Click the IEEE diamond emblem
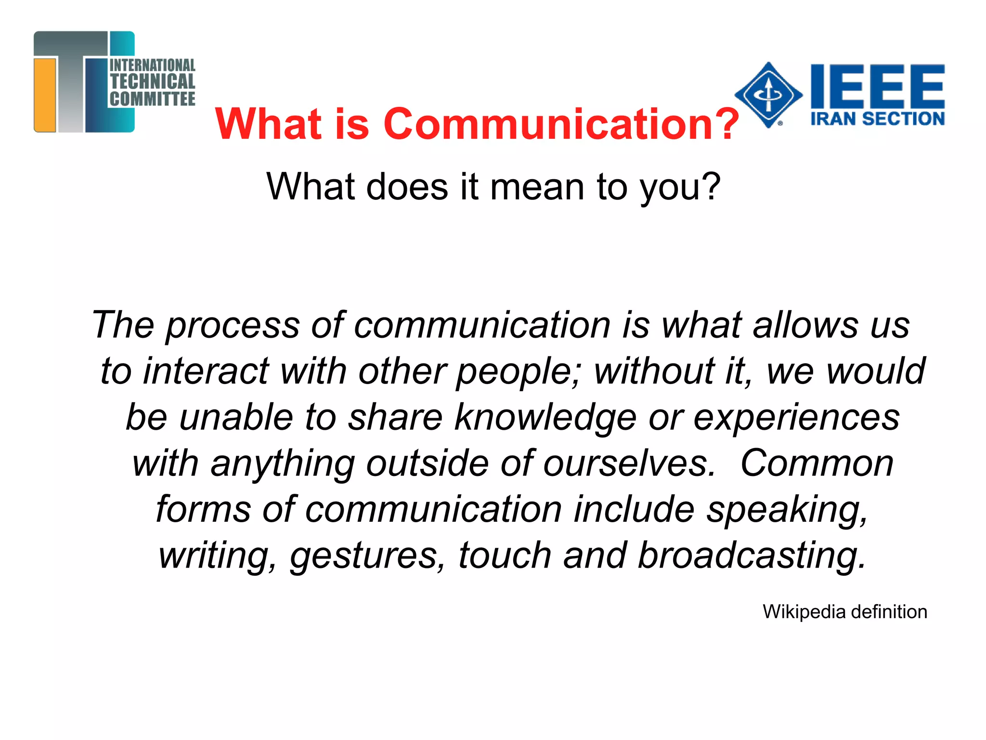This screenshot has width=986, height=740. [768, 94]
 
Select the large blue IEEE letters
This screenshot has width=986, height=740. [877, 86]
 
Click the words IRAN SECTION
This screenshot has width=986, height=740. [877, 119]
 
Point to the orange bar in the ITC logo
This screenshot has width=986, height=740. [45, 94]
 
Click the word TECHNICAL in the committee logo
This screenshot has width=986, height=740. [152, 81]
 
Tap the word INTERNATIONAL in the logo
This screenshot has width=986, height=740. [152, 65]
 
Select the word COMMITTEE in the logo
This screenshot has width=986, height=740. [152, 99]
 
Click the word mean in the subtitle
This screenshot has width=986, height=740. [537, 187]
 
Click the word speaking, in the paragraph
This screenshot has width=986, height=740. [787, 510]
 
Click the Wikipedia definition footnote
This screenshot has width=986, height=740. [844, 612]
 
